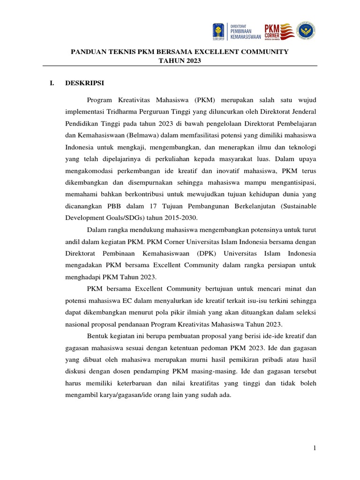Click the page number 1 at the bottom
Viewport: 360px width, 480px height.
(x=315, y=449)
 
